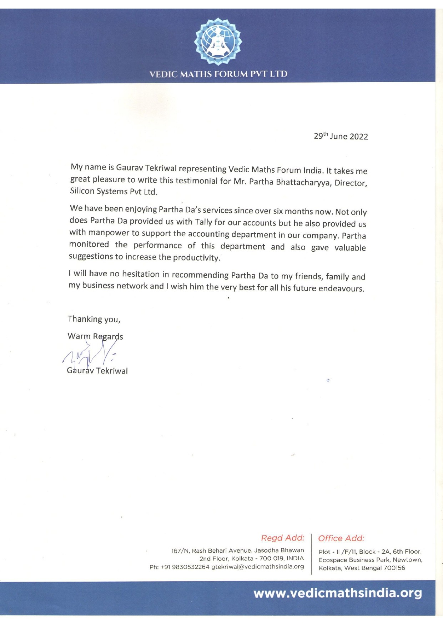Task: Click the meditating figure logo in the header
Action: [218, 41]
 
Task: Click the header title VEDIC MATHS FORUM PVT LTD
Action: [218, 74]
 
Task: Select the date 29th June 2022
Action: [341, 136]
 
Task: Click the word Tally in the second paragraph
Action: [203, 222]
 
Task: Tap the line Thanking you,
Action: [94, 319]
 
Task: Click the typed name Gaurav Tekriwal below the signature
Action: [97, 371]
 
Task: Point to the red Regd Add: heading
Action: [282, 538]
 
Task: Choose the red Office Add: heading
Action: [341, 538]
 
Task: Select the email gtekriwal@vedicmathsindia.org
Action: [257, 567]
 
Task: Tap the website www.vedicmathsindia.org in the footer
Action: [337, 593]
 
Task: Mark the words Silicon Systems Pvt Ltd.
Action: [114, 191]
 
